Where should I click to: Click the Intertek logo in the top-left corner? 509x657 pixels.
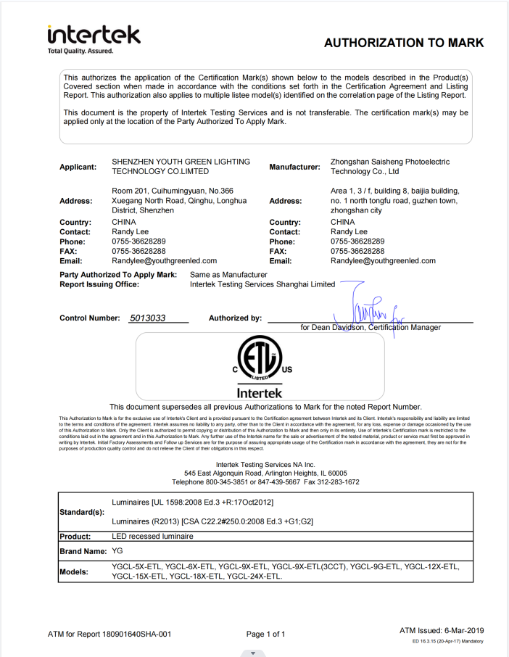(94, 37)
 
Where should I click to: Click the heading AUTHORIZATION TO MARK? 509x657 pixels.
(403, 43)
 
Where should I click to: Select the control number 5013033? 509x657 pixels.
(148, 318)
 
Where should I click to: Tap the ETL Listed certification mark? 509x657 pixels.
(259, 360)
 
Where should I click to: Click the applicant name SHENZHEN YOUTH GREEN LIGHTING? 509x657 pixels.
(181, 162)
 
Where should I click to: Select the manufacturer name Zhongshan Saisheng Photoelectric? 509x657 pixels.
(390, 162)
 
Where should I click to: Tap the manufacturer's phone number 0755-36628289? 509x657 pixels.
(357, 241)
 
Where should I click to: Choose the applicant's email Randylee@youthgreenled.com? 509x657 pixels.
(165, 260)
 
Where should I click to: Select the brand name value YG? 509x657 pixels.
(118, 551)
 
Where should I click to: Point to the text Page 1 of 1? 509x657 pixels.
(265, 634)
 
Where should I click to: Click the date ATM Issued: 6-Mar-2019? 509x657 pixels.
(442, 631)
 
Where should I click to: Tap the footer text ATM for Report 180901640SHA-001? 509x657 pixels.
(109, 634)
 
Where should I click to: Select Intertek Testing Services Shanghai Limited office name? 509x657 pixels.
(262, 285)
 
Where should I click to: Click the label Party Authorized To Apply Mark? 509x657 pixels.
(118, 275)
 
